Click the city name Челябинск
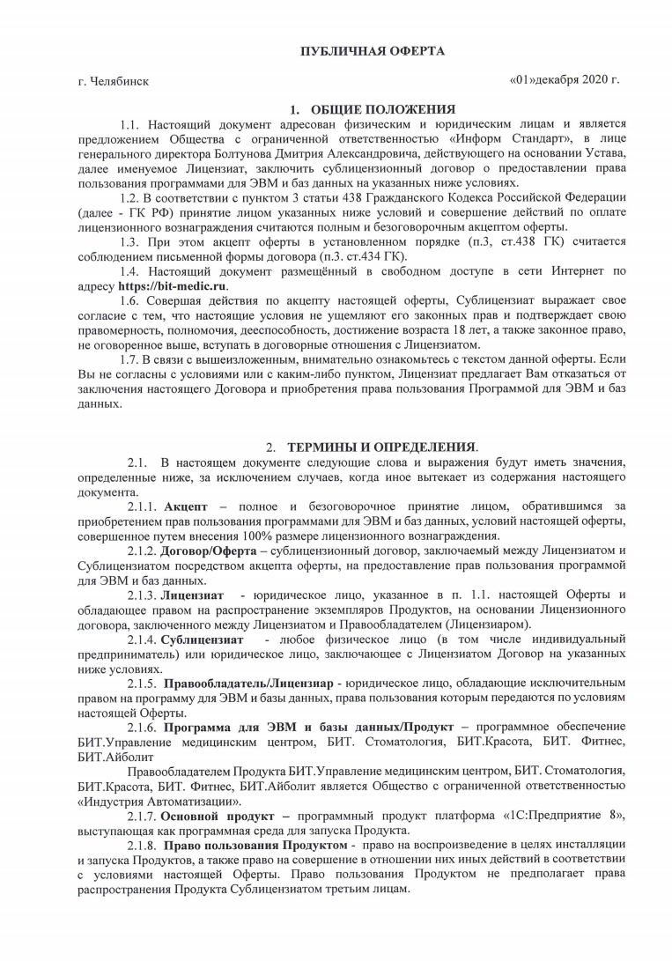120,82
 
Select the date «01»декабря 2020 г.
565,80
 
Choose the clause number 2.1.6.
142,728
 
